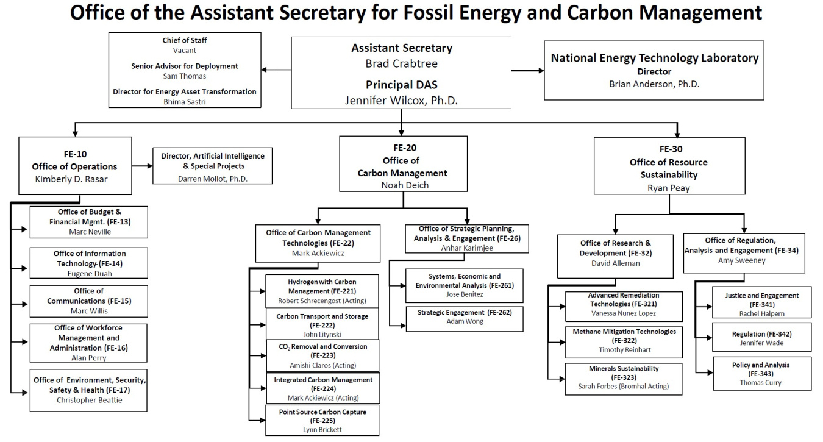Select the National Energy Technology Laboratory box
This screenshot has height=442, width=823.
[654, 70]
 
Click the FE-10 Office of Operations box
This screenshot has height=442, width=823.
[75, 166]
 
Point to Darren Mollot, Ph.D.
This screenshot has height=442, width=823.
[213, 179]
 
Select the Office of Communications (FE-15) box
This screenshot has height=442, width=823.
[88, 301]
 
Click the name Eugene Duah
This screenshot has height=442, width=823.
[90, 274]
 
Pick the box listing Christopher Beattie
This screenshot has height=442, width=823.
[89, 390]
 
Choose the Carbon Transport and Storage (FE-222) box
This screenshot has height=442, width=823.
[322, 325]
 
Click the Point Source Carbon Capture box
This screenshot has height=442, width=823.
[322, 421]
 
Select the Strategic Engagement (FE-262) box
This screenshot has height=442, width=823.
[464, 317]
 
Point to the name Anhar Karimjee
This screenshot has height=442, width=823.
[468, 248]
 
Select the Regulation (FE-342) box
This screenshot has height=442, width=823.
[761, 338]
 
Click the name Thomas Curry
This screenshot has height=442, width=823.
[760, 383]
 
